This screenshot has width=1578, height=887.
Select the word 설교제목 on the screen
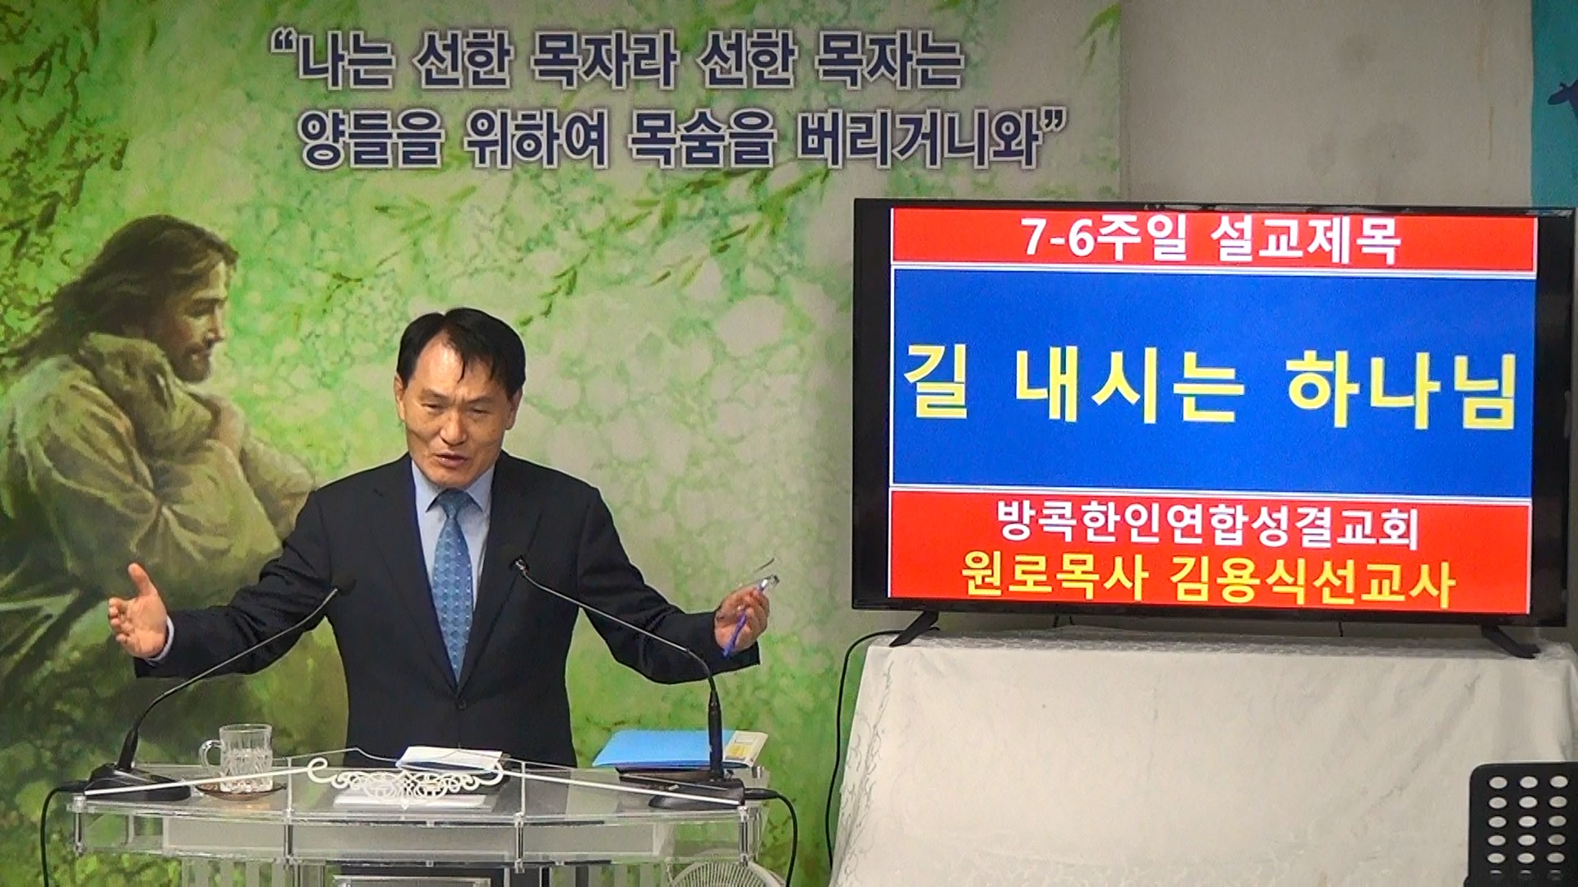click(x=1306, y=241)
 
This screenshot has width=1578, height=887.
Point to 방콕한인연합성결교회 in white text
click(x=1207, y=525)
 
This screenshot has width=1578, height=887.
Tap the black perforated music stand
click(x=1522, y=825)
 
